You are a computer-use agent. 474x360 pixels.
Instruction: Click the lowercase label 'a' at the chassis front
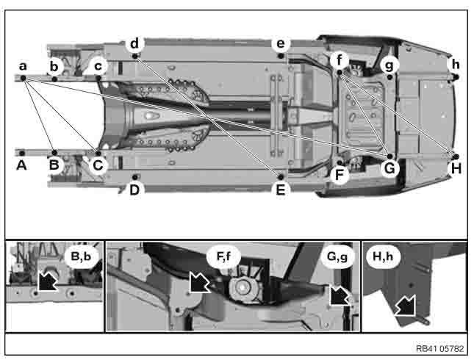pos(23,66)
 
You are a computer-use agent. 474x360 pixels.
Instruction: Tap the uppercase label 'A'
pos(21,165)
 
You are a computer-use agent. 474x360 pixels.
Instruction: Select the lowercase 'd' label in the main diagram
pos(134,43)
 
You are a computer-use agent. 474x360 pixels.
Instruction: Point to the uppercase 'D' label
pos(134,190)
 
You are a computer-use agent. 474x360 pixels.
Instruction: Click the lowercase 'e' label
pos(281,44)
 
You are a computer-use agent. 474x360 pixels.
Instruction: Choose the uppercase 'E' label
pos(281,190)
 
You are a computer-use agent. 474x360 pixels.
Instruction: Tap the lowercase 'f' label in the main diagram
pos(340,60)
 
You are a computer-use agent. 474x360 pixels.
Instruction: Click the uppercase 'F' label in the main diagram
pos(340,175)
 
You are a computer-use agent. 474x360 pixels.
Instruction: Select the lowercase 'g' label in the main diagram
pos(389,65)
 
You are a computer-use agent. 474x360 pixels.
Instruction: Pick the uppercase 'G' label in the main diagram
pos(389,168)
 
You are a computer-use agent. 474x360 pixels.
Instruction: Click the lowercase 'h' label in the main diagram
pos(456,65)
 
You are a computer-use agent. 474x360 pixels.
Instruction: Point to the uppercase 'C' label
pos(98,165)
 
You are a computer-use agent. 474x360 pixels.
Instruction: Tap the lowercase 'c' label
pos(98,66)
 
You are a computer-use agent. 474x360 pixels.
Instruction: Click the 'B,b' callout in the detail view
pos(81,256)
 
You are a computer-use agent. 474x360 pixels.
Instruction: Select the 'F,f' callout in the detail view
pos(223,256)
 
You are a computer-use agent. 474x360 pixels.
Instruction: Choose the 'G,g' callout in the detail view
pos(337,256)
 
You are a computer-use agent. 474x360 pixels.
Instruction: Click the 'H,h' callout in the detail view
pos(383,256)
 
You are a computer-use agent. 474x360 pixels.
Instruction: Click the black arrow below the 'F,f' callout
pos(198,282)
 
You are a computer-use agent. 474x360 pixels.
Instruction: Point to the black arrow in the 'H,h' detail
pos(406,305)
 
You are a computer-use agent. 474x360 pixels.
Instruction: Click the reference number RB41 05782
pos(440,349)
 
